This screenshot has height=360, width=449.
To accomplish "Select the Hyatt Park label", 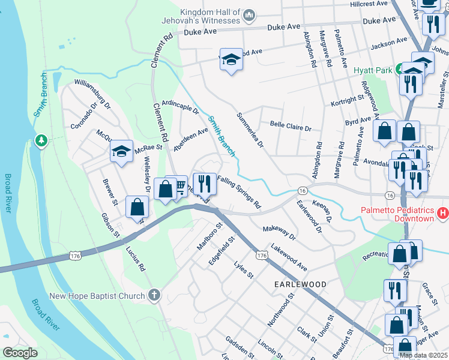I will (x=373, y=70).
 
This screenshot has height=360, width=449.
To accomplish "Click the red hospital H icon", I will (x=443, y=213).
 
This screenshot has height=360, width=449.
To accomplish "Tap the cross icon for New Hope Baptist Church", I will (x=154, y=295).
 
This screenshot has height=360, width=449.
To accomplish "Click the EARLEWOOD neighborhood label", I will (x=301, y=284).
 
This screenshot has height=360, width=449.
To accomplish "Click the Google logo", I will (x=20, y=353).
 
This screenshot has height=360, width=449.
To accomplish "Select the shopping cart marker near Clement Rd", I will (x=178, y=188).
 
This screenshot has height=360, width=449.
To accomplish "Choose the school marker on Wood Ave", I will (x=231, y=60).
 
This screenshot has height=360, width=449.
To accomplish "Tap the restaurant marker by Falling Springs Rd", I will (x=204, y=183).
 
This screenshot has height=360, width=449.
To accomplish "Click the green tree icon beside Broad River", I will (x=41, y=140).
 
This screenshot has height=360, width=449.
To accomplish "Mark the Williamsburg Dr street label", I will (x=92, y=94).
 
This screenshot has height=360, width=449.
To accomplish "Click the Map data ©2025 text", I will (x=423, y=355).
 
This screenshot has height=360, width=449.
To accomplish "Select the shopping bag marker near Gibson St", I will (x=137, y=207).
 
